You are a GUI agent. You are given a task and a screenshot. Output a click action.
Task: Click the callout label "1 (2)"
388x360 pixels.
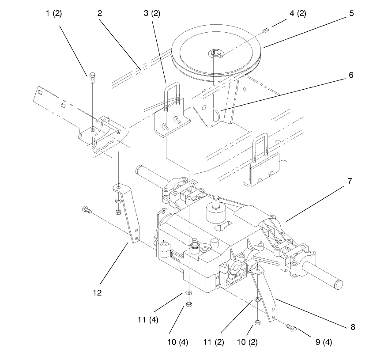click(x=54, y=13)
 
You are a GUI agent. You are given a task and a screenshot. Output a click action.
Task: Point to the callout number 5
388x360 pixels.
click(x=351, y=13)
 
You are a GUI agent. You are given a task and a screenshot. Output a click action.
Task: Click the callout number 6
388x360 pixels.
click(x=351, y=75)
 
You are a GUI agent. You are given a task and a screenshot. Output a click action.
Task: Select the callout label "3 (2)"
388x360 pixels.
click(x=152, y=13)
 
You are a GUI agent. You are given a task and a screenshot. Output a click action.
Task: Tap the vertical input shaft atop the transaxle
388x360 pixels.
click(x=216, y=203)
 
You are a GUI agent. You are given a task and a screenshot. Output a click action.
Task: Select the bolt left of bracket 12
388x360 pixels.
click(x=86, y=211)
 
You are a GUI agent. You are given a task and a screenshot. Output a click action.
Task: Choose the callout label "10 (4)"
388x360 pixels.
click(x=177, y=341)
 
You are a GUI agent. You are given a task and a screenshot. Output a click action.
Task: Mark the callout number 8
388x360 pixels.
click(x=352, y=327)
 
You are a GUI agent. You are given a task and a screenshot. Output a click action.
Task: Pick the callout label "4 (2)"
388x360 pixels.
click(x=298, y=13)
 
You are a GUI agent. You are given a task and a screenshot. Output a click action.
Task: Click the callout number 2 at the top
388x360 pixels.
click(x=100, y=13)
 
